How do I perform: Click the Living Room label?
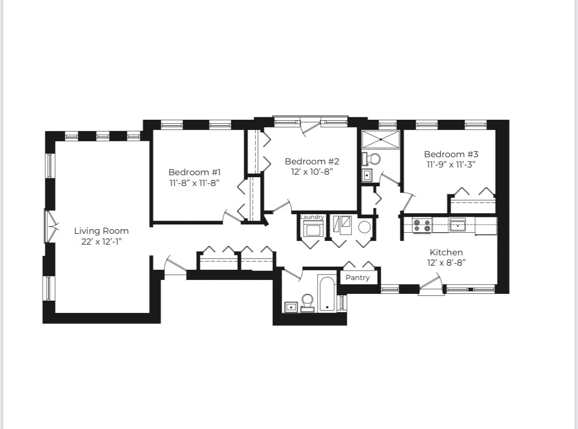tap(101, 231)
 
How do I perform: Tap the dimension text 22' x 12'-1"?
tap(101, 241)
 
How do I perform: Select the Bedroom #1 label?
tap(195, 172)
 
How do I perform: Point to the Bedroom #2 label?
tap(312, 161)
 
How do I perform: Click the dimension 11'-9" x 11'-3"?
tap(451, 164)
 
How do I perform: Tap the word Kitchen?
tap(446, 252)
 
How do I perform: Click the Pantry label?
tap(358, 277)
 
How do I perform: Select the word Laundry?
tap(312, 217)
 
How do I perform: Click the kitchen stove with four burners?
tap(422, 225)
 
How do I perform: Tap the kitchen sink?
tap(457, 225)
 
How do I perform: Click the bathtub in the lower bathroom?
tap(327, 294)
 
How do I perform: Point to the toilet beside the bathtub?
tap(308, 302)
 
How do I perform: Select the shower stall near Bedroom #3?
tap(381, 139)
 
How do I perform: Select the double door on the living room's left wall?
tap(50, 226)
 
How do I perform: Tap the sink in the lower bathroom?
tap(291, 307)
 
